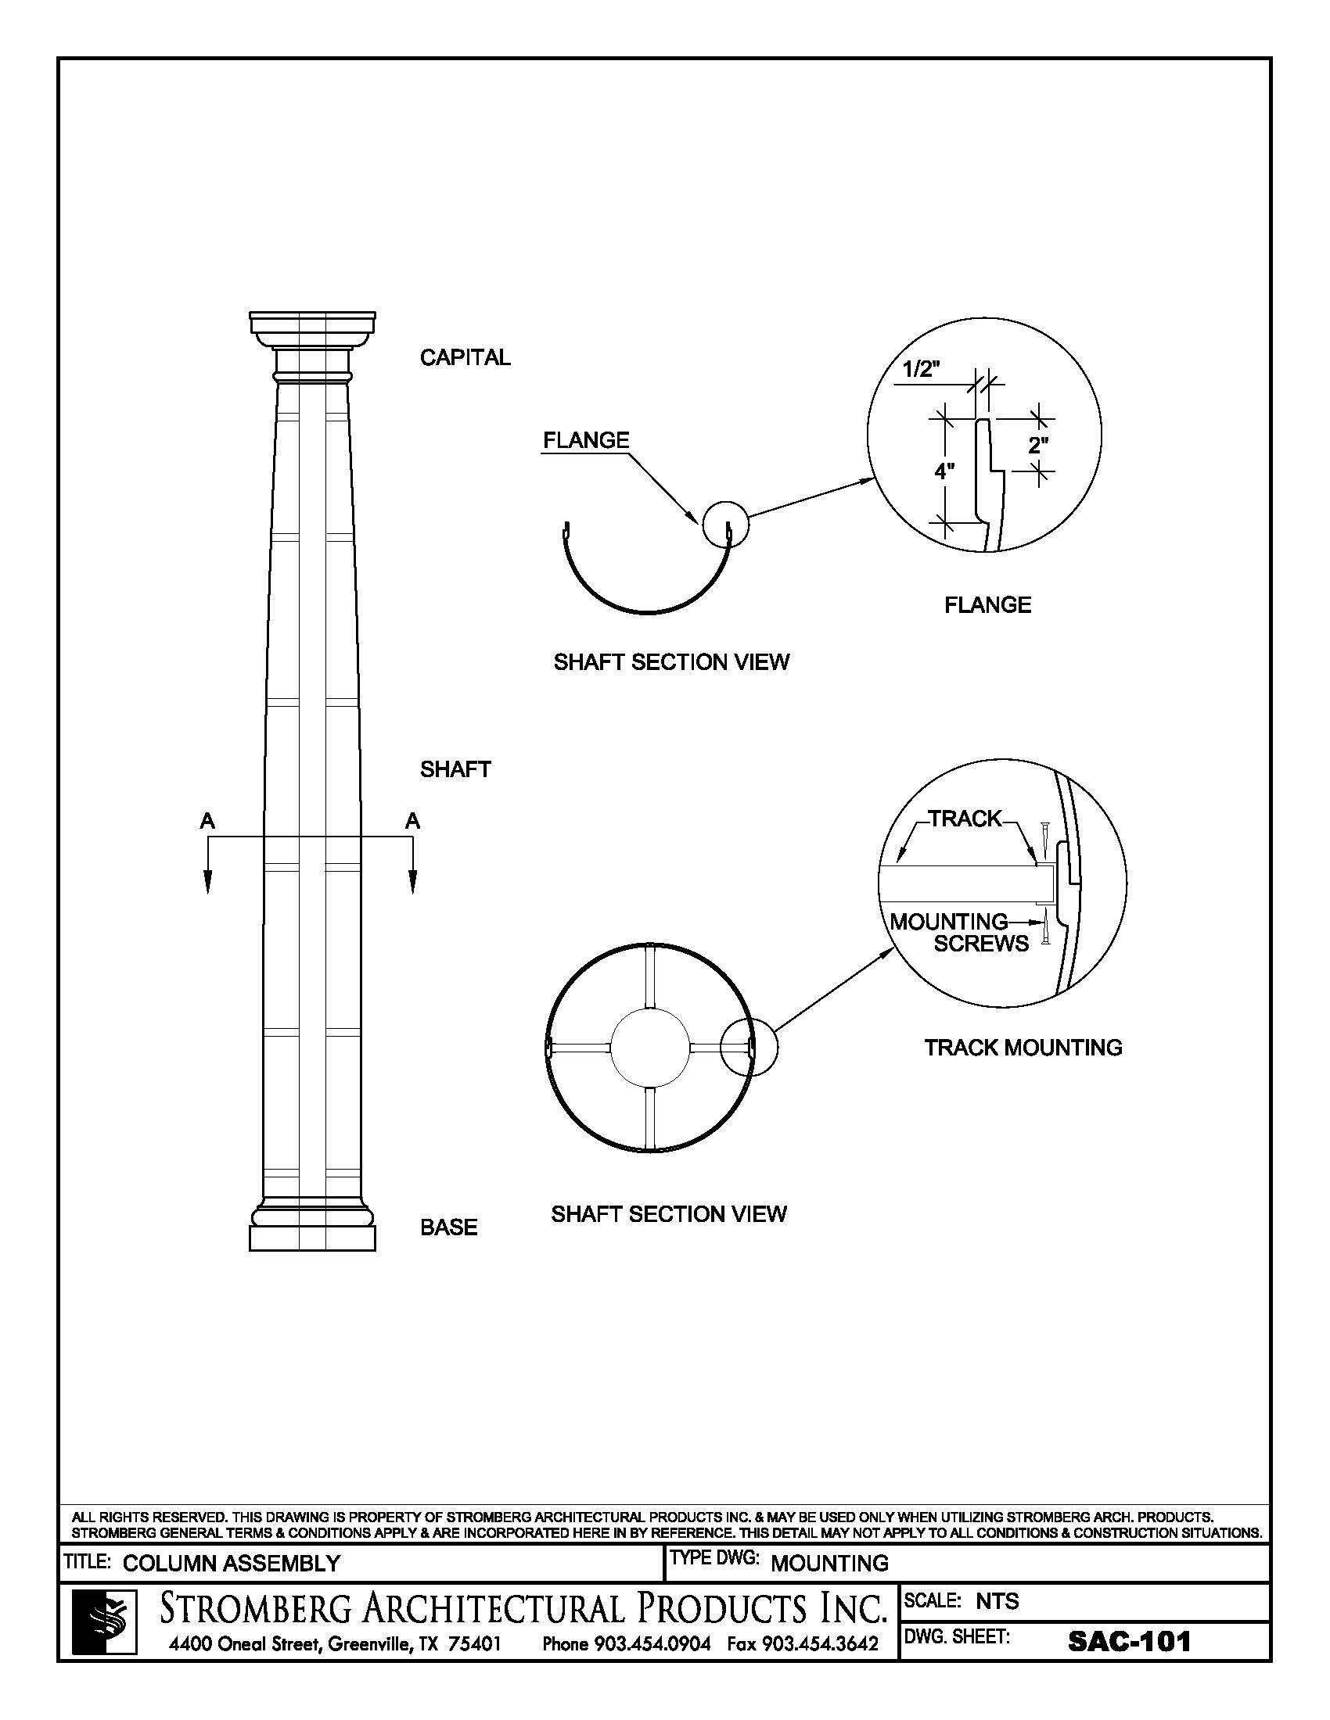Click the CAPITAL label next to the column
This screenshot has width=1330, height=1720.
(x=465, y=357)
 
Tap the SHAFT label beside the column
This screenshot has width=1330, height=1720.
(x=455, y=769)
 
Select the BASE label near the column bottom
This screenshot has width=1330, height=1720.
(x=448, y=1227)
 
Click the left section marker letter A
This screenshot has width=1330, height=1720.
(x=207, y=822)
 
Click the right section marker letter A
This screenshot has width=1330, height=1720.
(x=412, y=822)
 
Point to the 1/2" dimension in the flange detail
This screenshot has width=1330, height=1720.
(x=921, y=369)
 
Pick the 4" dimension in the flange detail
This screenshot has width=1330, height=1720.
(x=944, y=471)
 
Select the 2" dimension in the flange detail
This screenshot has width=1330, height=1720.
(x=1038, y=446)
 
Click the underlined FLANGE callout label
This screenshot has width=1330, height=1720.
(x=586, y=440)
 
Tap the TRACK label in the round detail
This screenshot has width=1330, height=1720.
(x=965, y=819)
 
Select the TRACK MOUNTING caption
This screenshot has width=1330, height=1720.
(x=1023, y=1048)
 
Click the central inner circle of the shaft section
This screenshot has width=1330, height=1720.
(x=651, y=1048)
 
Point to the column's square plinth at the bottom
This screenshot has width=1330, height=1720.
(x=312, y=1238)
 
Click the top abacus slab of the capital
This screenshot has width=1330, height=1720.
(x=312, y=322)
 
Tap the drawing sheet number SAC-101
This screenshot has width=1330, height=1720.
(x=1129, y=1641)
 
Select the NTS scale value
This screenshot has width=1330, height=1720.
(x=997, y=1601)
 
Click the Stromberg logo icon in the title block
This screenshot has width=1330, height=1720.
(x=105, y=1621)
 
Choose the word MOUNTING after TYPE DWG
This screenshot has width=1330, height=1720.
(x=829, y=1564)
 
